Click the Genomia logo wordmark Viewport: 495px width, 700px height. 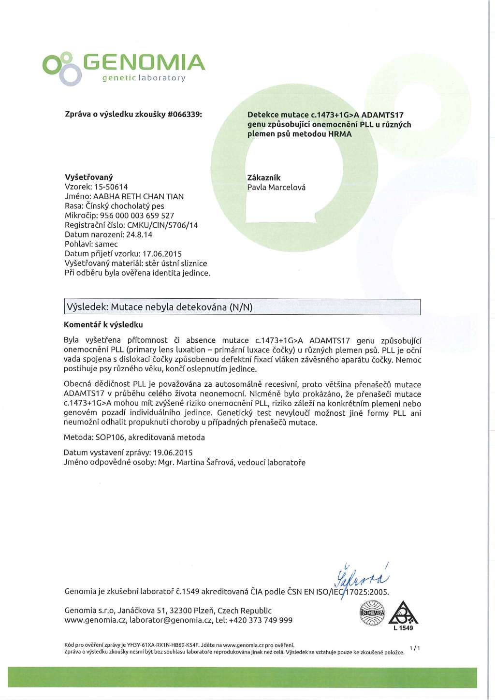coord(144,62)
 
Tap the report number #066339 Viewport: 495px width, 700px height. coord(184,115)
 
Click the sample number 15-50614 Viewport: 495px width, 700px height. coord(111,187)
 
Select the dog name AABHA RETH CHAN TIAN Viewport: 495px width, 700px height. coord(138,197)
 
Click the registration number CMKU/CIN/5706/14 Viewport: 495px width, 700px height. coord(162,225)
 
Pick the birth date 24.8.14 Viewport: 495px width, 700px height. coord(139,235)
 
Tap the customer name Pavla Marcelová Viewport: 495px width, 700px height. coord(276,188)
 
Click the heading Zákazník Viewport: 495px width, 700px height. coord(263,178)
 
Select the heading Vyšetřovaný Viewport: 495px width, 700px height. coord(88,177)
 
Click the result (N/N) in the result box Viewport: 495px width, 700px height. coord(241,307)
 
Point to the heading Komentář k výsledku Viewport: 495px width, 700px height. coord(103,325)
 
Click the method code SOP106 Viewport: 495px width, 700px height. coord(110,437)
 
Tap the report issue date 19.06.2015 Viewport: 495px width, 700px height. coord(173,453)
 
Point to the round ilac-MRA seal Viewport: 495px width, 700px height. coord(372,613)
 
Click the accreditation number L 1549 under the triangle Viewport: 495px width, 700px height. coord(403,628)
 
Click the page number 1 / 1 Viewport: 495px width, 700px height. coord(415,648)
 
